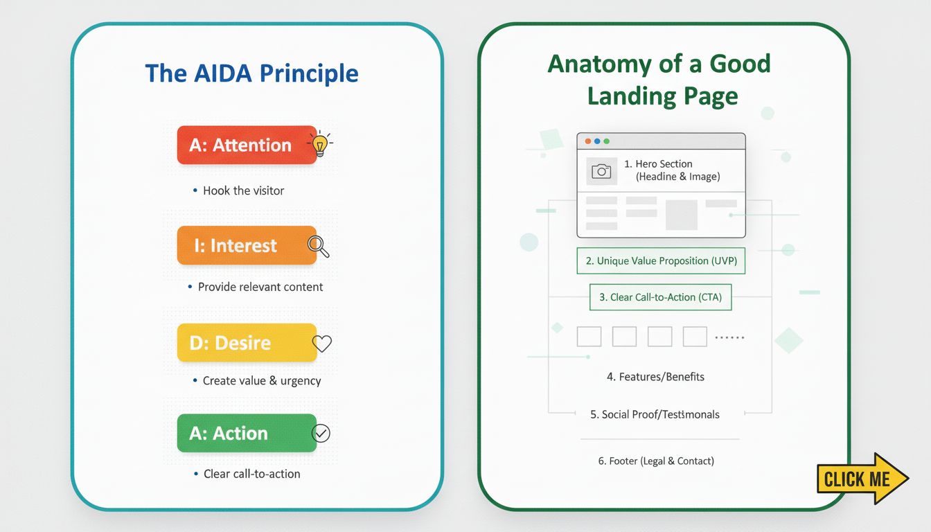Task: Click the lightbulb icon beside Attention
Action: tap(319, 145)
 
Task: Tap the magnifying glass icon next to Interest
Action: tap(318, 245)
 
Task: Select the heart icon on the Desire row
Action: tap(322, 343)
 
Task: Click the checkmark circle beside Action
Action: tap(321, 433)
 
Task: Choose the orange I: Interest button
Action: tap(246, 245)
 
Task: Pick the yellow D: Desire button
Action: tap(246, 343)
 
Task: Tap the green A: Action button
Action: tap(246, 433)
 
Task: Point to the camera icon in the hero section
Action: tap(601, 171)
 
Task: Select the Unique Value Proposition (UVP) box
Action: tap(661, 261)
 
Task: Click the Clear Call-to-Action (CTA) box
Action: tap(660, 297)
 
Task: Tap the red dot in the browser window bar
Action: tap(588, 141)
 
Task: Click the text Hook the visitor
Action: tap(243, 190)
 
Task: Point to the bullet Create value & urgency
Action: tap(261, 380)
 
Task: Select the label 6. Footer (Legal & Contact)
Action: tap(655, 461)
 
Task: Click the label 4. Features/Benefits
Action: tap(655, 377)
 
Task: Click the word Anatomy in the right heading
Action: tap(603, 64)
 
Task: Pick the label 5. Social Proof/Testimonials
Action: tap(655, 414)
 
